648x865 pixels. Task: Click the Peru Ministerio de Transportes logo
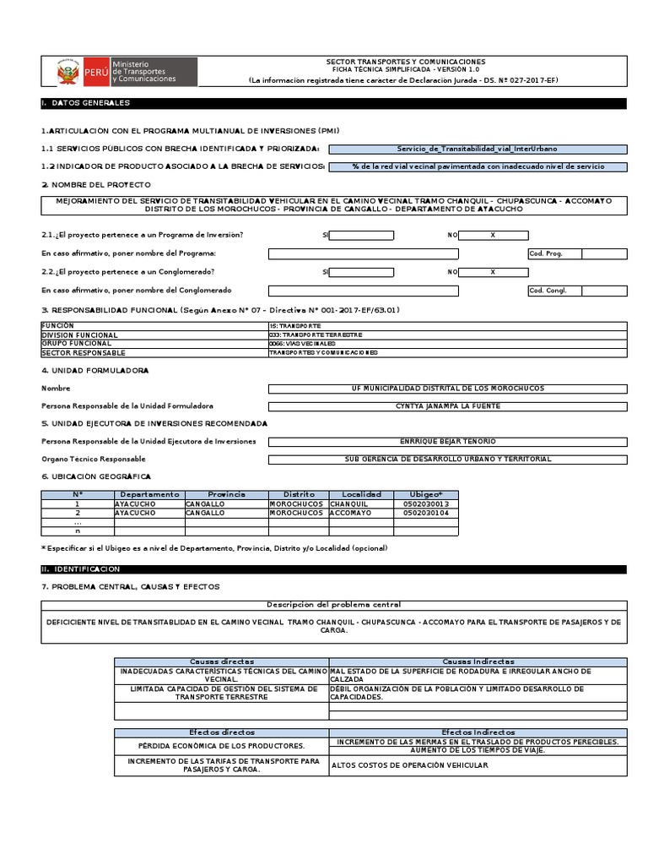[x=127, y=72]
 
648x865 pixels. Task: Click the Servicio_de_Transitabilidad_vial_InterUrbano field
[x=478, y=149]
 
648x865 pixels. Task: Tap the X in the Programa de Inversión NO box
[x=493, y=236]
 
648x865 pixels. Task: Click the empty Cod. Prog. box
[x=604, y=253]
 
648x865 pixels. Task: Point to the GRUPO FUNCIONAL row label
[x=76, y=344]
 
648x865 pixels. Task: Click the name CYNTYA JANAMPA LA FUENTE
[x=447, y=406]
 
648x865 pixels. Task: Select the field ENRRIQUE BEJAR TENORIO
[x=447, y=442]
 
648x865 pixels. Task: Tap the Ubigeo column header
[x=426, y=494]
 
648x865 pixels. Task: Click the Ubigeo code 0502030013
[x=426, y=503]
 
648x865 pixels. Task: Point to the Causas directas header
[x=222, y=661]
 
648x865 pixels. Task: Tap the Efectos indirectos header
[x=478, y=732]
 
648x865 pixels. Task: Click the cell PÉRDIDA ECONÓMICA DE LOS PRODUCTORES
[x=222, y=746]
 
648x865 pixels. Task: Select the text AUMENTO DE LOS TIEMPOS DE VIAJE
[x=478, y=750]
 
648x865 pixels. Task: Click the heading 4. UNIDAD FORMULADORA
[x=94, y=370]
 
